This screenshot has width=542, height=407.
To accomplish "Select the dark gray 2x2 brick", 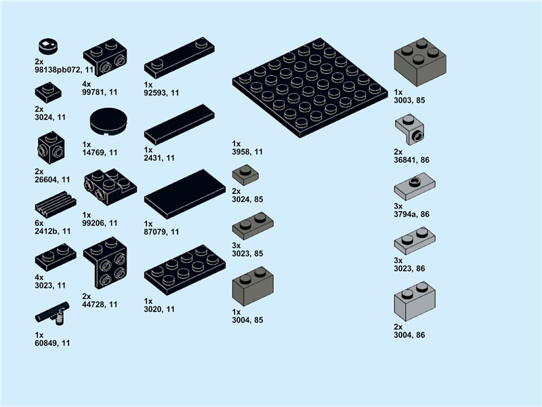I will click(419, 62).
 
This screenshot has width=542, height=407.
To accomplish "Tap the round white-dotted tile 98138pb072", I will click(47, 46).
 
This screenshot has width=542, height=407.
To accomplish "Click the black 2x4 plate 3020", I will click(184, 270).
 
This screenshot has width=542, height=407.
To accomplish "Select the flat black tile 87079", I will click(184, 193).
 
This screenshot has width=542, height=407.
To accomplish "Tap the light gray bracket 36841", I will click(410, 130).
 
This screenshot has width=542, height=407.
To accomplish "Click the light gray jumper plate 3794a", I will click(414, 185).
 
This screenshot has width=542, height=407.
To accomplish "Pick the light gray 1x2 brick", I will click(414, 301).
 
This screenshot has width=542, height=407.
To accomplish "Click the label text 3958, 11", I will click(247, 152).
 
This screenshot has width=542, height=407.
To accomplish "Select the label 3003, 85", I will click(409, 100).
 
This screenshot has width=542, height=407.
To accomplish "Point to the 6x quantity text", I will click(39, 222).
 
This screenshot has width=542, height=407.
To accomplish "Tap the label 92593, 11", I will click(162, 92).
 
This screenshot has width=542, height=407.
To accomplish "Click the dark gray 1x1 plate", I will click(245, 175).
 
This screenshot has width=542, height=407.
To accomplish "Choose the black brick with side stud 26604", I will click(51, 147).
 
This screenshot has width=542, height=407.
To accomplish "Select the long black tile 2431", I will click(179, 124).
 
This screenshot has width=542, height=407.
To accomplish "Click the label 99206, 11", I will click(100, 222).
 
